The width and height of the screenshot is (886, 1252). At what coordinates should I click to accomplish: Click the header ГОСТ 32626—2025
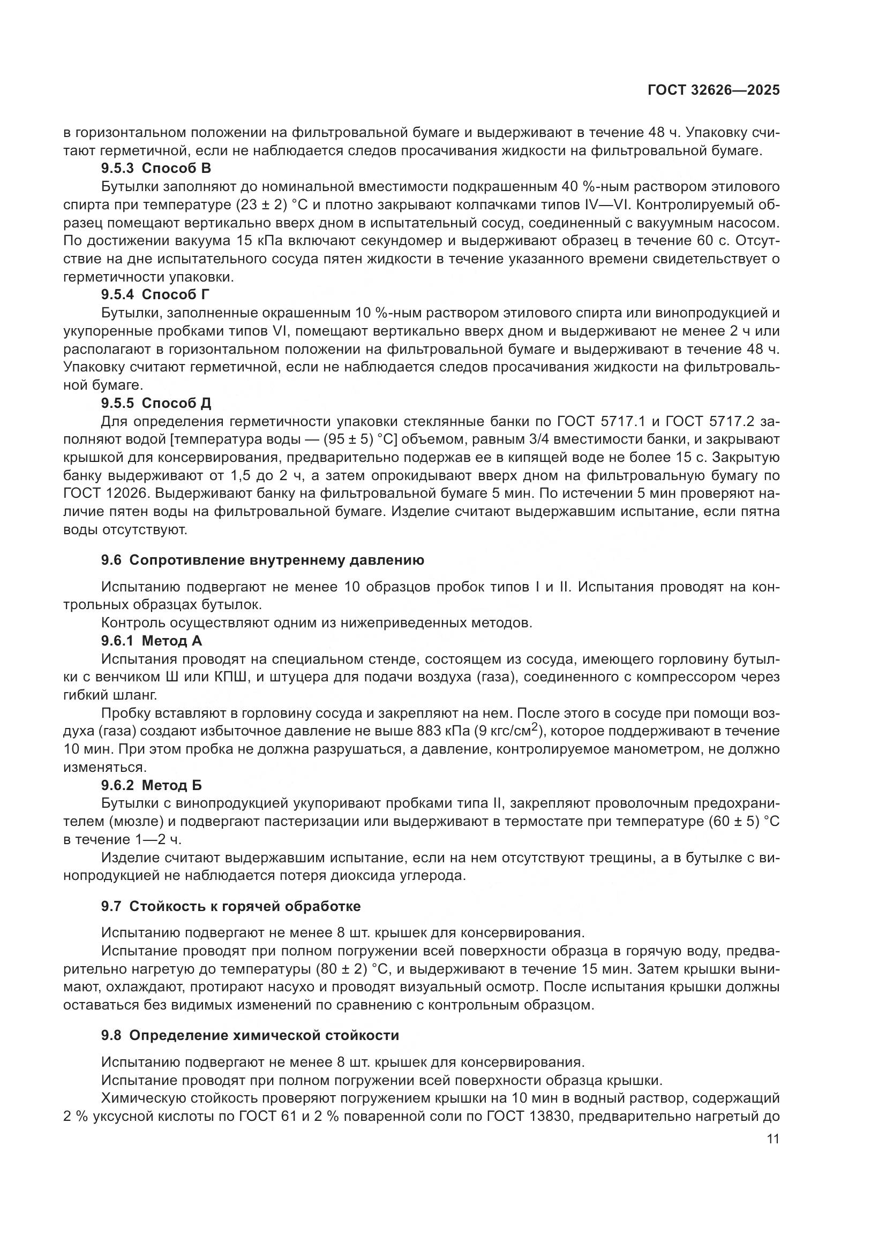coord(714,90)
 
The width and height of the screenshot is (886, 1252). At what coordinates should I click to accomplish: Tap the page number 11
coord(772,1139)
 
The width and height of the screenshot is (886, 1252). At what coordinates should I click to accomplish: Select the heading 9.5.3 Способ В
coord(156,168)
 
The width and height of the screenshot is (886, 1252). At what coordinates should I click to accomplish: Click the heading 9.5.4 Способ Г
coord(155,294)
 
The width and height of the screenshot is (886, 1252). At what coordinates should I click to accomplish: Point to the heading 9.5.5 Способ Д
coord(156,403)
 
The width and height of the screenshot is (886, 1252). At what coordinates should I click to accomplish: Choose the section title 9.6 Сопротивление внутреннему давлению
coord(262,560)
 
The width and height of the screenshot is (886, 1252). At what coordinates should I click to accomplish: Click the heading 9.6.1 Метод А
coord(152,641)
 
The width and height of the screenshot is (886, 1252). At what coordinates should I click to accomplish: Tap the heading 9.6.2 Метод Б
coord(152,785)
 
